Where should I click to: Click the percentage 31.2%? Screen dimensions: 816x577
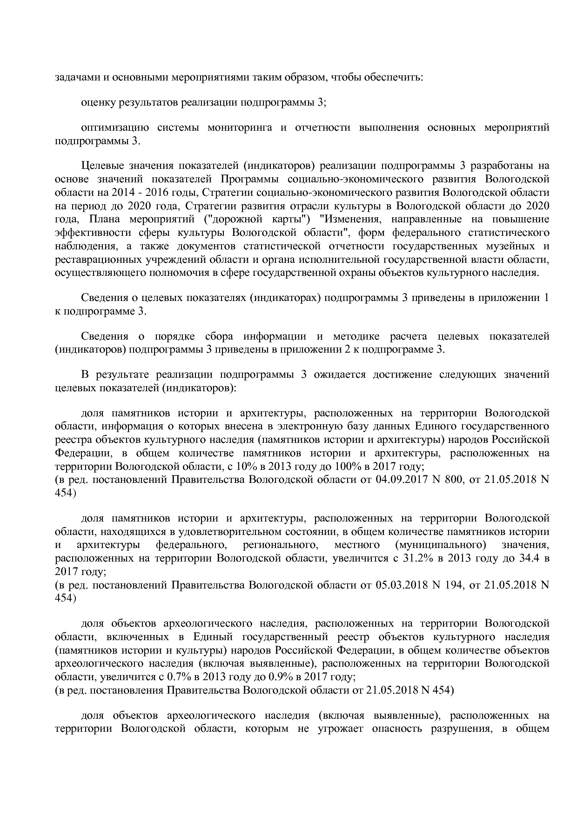click(x=413, y=558)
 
